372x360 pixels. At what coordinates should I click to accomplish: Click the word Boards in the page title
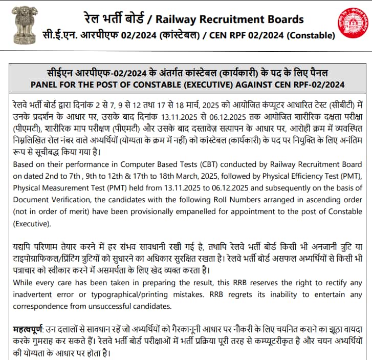coord(280,19)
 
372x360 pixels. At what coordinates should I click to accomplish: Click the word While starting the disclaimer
coord(24,283)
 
